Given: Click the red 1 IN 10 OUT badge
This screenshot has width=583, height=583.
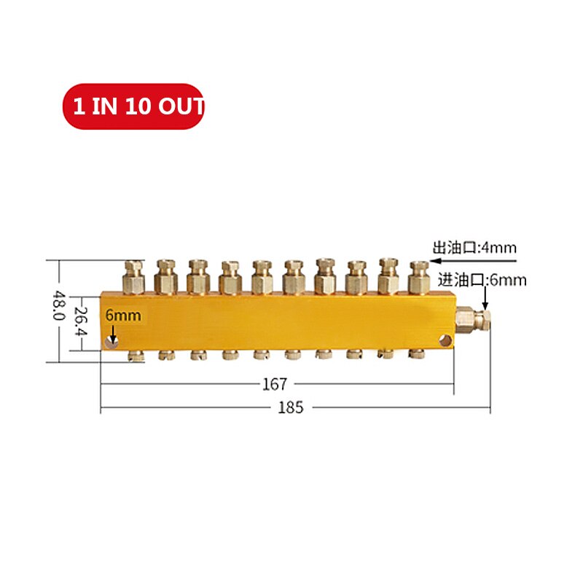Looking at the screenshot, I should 133,106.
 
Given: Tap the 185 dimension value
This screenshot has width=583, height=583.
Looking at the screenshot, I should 290,407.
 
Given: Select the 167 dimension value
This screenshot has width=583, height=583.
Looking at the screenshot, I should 277,383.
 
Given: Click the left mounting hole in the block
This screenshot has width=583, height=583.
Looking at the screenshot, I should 112,342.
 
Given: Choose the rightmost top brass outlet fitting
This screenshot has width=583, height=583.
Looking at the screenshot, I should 417,278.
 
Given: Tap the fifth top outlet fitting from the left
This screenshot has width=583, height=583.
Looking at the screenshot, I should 261,278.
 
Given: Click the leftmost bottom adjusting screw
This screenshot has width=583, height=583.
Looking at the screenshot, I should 134,356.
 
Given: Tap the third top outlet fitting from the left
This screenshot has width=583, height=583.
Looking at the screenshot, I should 197,278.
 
